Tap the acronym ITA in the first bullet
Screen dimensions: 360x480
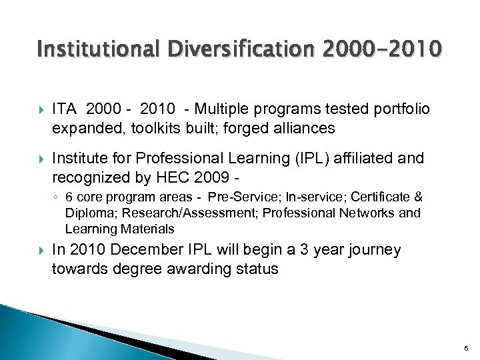coord(65,109)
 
